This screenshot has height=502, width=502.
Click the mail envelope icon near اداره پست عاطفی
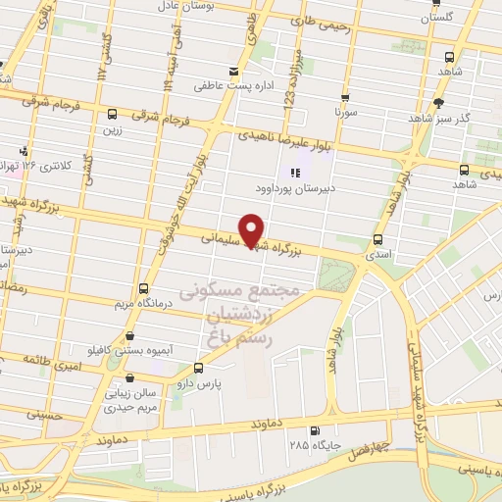point(233,72)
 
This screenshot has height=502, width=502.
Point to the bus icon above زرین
point(113,114)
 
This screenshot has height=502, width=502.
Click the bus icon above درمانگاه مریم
point(145,289)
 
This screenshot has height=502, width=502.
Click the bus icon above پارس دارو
point(199,369)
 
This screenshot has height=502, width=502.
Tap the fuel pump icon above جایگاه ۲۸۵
point(315,431)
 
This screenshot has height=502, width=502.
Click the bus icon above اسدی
point(379,239)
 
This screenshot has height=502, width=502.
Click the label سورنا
point(344,114)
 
